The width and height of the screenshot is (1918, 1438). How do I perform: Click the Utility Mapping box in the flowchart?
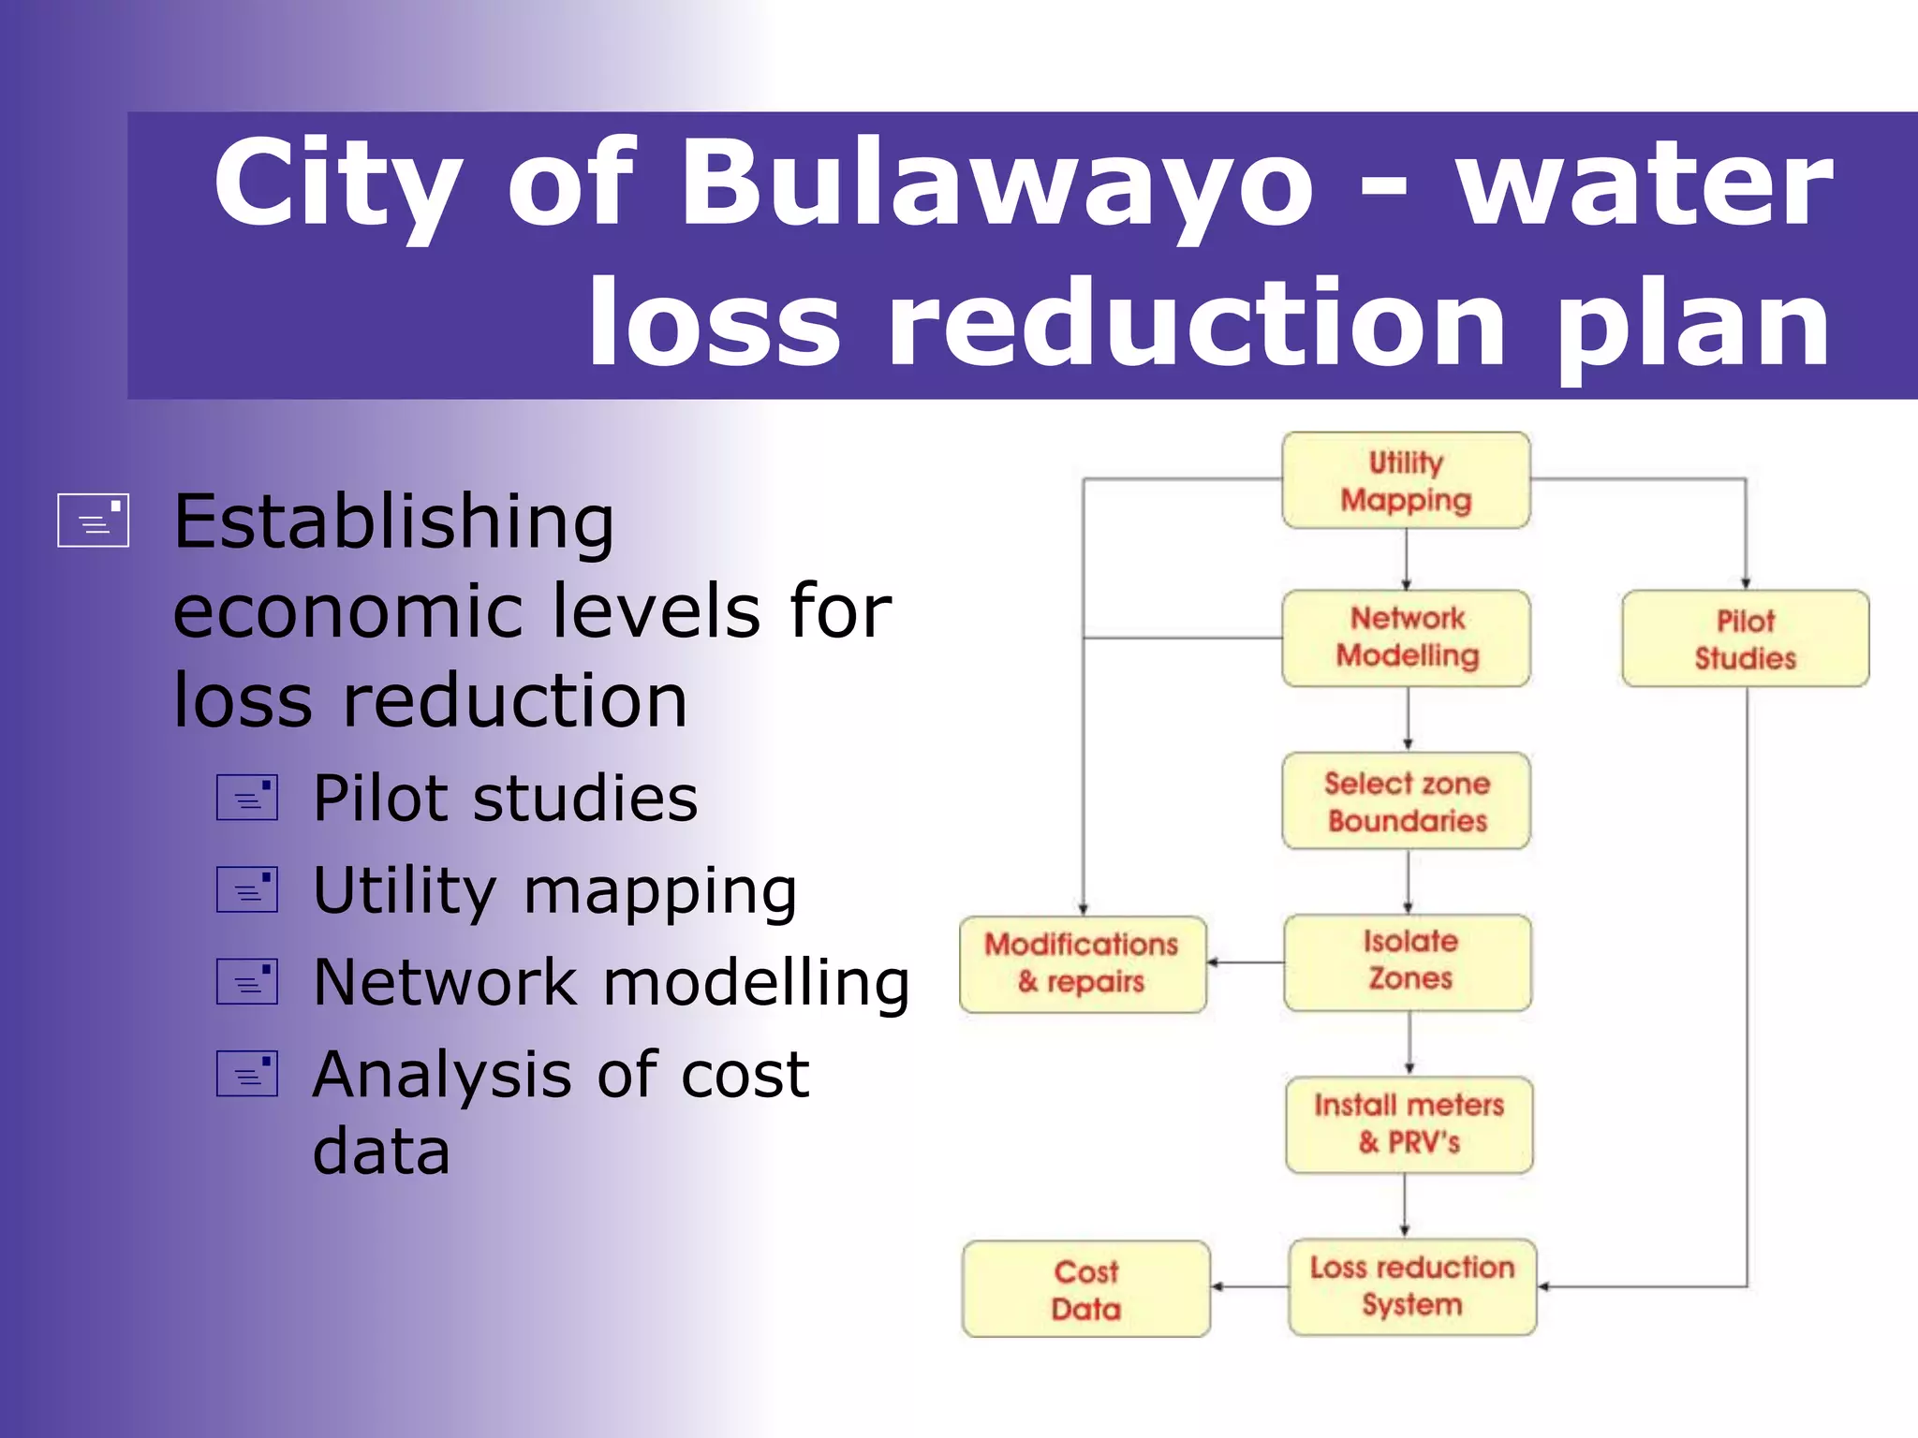(1406, 480)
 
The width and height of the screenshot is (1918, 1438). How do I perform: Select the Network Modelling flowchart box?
(1406, 638)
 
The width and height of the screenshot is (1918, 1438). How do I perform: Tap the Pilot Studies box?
(1745, 638)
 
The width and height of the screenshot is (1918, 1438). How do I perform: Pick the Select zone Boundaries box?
(1406, 801)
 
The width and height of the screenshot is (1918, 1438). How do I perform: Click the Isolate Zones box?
(1409, 961)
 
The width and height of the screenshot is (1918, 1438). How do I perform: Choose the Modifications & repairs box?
(1083, 963)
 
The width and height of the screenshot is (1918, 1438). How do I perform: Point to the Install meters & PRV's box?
(1409, 1124)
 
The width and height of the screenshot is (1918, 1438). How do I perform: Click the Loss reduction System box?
(1411, 1286)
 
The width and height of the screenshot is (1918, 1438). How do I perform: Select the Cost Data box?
(1085, 1289)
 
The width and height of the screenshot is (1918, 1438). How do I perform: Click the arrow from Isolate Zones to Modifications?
(1246, 962)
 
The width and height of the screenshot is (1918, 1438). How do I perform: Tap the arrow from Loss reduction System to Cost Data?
(1250, 1287)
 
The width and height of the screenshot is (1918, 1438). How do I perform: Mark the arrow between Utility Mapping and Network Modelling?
(1406, 559)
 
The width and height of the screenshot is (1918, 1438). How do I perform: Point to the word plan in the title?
(1691, 323)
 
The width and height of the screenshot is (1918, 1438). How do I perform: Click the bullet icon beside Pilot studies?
(247, 798)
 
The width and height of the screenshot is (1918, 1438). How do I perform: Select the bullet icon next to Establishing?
(93, 520)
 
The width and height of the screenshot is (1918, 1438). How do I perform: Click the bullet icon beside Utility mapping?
(247, 889)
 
